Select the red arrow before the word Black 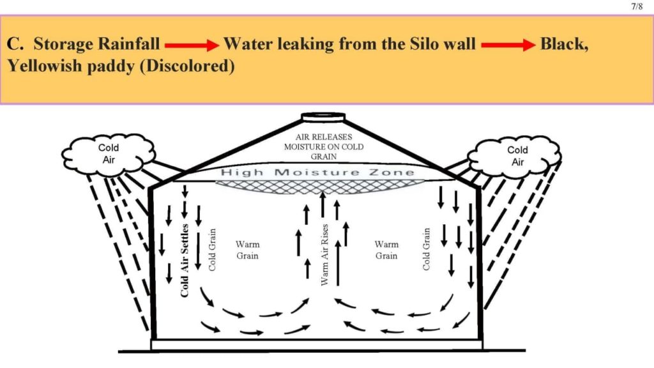click(x=508, y=45)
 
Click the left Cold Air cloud click(x=109, y=153)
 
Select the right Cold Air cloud click(x=517, y=155)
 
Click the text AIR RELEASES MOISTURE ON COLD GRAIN click(x=323, y=146)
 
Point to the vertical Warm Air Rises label click(x=324, y=254)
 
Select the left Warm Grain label click(x=247, y=250)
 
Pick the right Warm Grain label click(x=386, y=250)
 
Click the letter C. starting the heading click(x=15, y=44)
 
